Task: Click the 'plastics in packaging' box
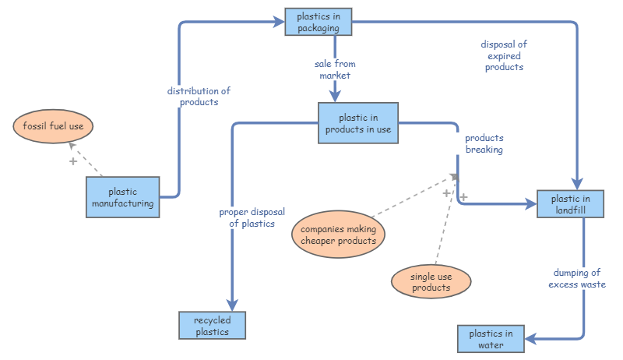click(x=318, y=22)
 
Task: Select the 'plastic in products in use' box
click(x=358, y=123)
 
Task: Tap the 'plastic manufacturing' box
click(x=122, y=197)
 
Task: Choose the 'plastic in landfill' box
click(x=571, y=204)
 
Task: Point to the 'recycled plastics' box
click(x=212, y=326)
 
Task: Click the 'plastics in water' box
click(x=491, y=339)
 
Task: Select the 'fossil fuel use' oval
click(x=53, y=125)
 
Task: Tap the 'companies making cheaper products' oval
click(x=338, y=235)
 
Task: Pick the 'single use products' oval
click(x=431, y=281)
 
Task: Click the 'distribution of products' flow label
click(x=199, y=96)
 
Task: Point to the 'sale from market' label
click(x=335, y=69)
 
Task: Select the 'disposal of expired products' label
click(x=504, y=55)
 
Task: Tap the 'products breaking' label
click(x=484, y=143)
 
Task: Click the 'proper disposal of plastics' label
click(x=252, y=217)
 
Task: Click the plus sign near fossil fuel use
click(x=73, y=161)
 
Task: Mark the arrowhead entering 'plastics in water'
click(x=530, y=339)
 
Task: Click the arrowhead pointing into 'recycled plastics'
click(x=231, y=305)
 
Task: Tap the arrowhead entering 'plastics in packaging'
click(x=280, y=23)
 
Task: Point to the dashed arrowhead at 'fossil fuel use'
click(x=71, y=145)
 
